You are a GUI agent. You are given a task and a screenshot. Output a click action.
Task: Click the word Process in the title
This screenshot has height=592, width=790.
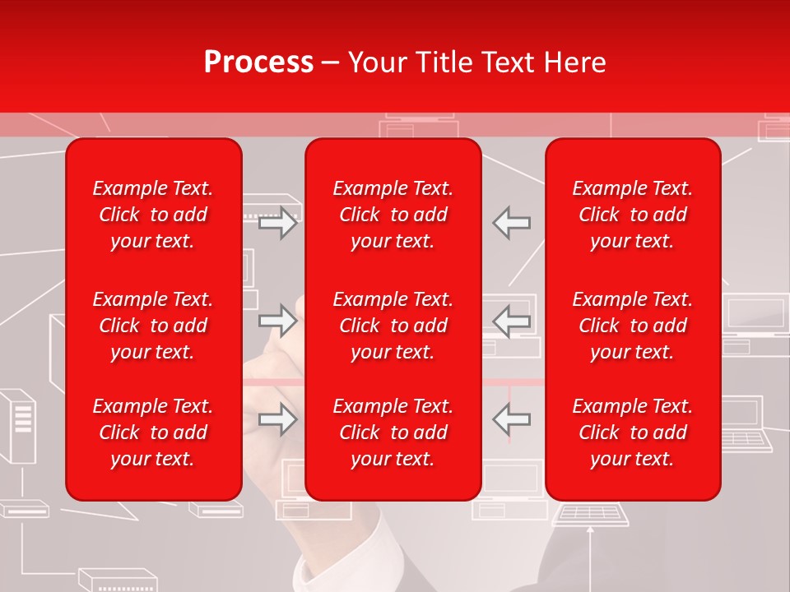tap(258, 62)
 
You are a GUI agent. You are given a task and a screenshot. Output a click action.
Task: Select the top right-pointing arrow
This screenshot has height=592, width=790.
tap(278, 223)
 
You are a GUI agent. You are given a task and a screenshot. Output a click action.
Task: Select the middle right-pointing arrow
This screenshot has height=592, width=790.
tap(278, 321)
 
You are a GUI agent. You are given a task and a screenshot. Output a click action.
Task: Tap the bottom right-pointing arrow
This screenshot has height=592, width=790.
tap(278, 419)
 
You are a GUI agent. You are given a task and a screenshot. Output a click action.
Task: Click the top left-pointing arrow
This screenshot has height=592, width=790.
tap(512, 223)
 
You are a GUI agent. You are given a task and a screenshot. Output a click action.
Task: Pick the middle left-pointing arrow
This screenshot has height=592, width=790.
tap(512, 321)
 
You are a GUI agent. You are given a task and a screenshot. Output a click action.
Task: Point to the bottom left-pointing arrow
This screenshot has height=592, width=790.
tap(512, 419)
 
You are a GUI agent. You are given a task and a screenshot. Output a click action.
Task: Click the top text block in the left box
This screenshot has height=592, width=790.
tap(153, 215)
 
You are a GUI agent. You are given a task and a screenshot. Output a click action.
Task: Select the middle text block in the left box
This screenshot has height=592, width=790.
tap(153, 326)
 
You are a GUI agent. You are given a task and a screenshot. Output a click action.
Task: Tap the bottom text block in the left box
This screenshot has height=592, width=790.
tap(153, 432)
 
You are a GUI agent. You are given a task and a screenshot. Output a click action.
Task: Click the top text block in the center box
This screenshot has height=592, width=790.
tap(393, 215)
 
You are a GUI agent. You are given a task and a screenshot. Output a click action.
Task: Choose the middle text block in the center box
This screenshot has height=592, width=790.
tap(393, 326)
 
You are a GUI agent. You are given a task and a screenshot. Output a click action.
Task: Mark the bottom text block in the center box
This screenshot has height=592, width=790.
tap(393, 432)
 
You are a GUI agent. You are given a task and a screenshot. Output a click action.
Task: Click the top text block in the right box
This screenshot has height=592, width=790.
tap(632, 215)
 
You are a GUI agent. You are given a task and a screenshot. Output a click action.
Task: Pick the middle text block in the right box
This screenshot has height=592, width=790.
tap(632, 326)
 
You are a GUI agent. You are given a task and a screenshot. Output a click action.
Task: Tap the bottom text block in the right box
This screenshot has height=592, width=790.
tap(632, 432)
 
